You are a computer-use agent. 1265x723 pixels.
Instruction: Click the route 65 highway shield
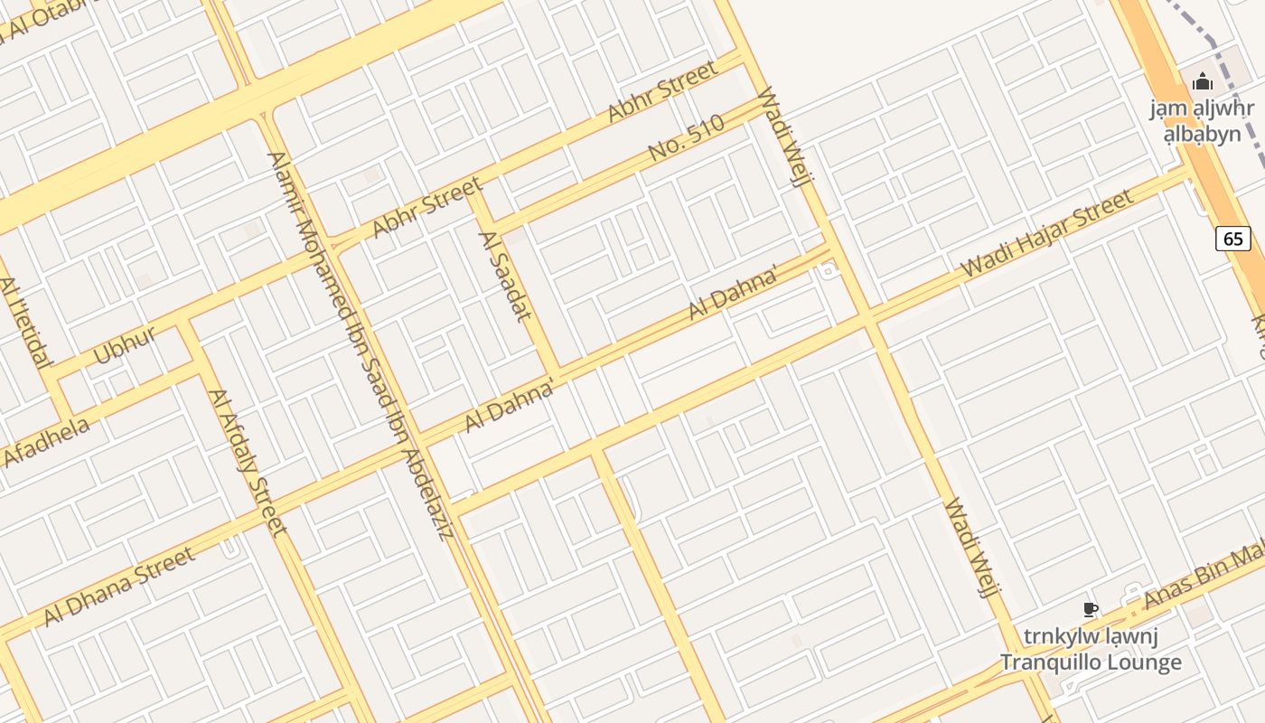pyautogui.click(x=1233, y=239)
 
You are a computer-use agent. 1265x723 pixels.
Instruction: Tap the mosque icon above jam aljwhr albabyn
pyautogui.click(x=1202, y=82)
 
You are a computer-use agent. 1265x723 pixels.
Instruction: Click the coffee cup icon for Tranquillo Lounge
pyautogui.click(x=1091, y=610)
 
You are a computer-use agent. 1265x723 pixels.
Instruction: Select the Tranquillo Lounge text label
pyautogui.click(x=1091, y=662)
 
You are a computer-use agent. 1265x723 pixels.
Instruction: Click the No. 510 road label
pyautogui.click(x=687, y=139)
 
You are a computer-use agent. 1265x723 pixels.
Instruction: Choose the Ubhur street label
pyautogui.click(x=125, y=344)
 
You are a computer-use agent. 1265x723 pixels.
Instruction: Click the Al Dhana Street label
pyautogui.click(x=119, y=586)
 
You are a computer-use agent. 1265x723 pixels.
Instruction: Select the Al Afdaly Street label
pyautogui.click(x=247, y=462)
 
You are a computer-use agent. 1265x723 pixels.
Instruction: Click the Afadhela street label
pyautogui.click(x=47, y=442)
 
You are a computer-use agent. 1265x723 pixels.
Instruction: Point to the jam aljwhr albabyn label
pyautogui.click(x=1202, y=121)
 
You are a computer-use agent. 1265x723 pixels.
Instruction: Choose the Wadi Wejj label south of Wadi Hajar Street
pyautogui.click(x=970, y=547)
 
